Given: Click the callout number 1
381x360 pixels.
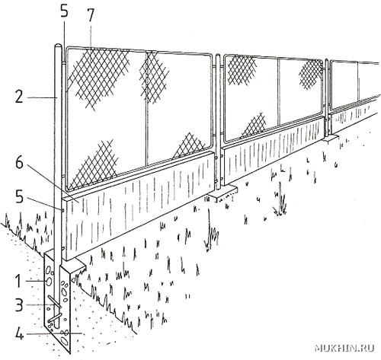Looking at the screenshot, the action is [x=18, y=281].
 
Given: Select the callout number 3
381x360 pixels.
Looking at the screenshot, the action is [x=19, y=305].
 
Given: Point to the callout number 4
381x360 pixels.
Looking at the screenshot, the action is [x=20, y=334].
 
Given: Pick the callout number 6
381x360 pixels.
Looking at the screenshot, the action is [x=19, y=163].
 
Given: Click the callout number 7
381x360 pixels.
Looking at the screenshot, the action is [x=91, y=16].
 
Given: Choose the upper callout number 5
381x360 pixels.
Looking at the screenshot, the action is [x=64, y=11].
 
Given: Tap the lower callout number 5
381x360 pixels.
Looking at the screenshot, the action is [x=19, y=197].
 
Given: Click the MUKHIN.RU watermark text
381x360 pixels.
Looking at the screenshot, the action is [x=344, y=349].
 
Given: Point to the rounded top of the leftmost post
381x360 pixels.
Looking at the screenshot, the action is [x=58, y=46].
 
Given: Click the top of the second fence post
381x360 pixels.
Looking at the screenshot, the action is [x=218, y=56].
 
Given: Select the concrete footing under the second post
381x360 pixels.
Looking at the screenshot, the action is [x=223, y=192].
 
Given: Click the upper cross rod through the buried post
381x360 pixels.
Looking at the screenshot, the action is [x=55, y=302].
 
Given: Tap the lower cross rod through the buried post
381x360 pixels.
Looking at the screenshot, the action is [x=55, y=318].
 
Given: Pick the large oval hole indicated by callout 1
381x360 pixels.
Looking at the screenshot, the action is [x=49, y=281].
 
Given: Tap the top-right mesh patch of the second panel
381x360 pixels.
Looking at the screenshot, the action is [x=312, y=75].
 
